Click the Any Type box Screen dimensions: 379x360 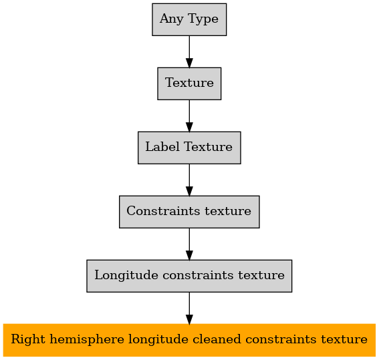[x=189, y=19]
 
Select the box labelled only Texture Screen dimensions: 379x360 [x=189, y=83]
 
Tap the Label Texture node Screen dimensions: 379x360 [x=189, y=148]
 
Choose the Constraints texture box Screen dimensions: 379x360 [x=189, y=212]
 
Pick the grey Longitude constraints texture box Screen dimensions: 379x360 [x=189, y=276]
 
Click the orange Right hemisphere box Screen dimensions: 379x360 [x=189, y=340]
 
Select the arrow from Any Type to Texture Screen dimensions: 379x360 [x=189, y=51]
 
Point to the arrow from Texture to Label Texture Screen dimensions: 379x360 [x=189, y=116]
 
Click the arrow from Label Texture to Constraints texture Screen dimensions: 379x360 [x=189, y=180]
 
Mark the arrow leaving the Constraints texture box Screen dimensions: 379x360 [x=189, y=244]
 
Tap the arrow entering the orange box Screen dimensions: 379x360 [x=189, y=308]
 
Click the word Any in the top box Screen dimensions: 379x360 [x=171, y=19]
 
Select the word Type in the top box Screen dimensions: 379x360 [x=203, y=19]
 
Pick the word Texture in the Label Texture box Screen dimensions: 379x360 [x=208, y=147]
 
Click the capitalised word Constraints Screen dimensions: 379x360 [x=163, y=211]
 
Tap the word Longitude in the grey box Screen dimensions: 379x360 [x=126, y=276]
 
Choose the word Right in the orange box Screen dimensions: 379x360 [x=28, y=340]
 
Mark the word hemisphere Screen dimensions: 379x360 [x=87, y=340]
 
